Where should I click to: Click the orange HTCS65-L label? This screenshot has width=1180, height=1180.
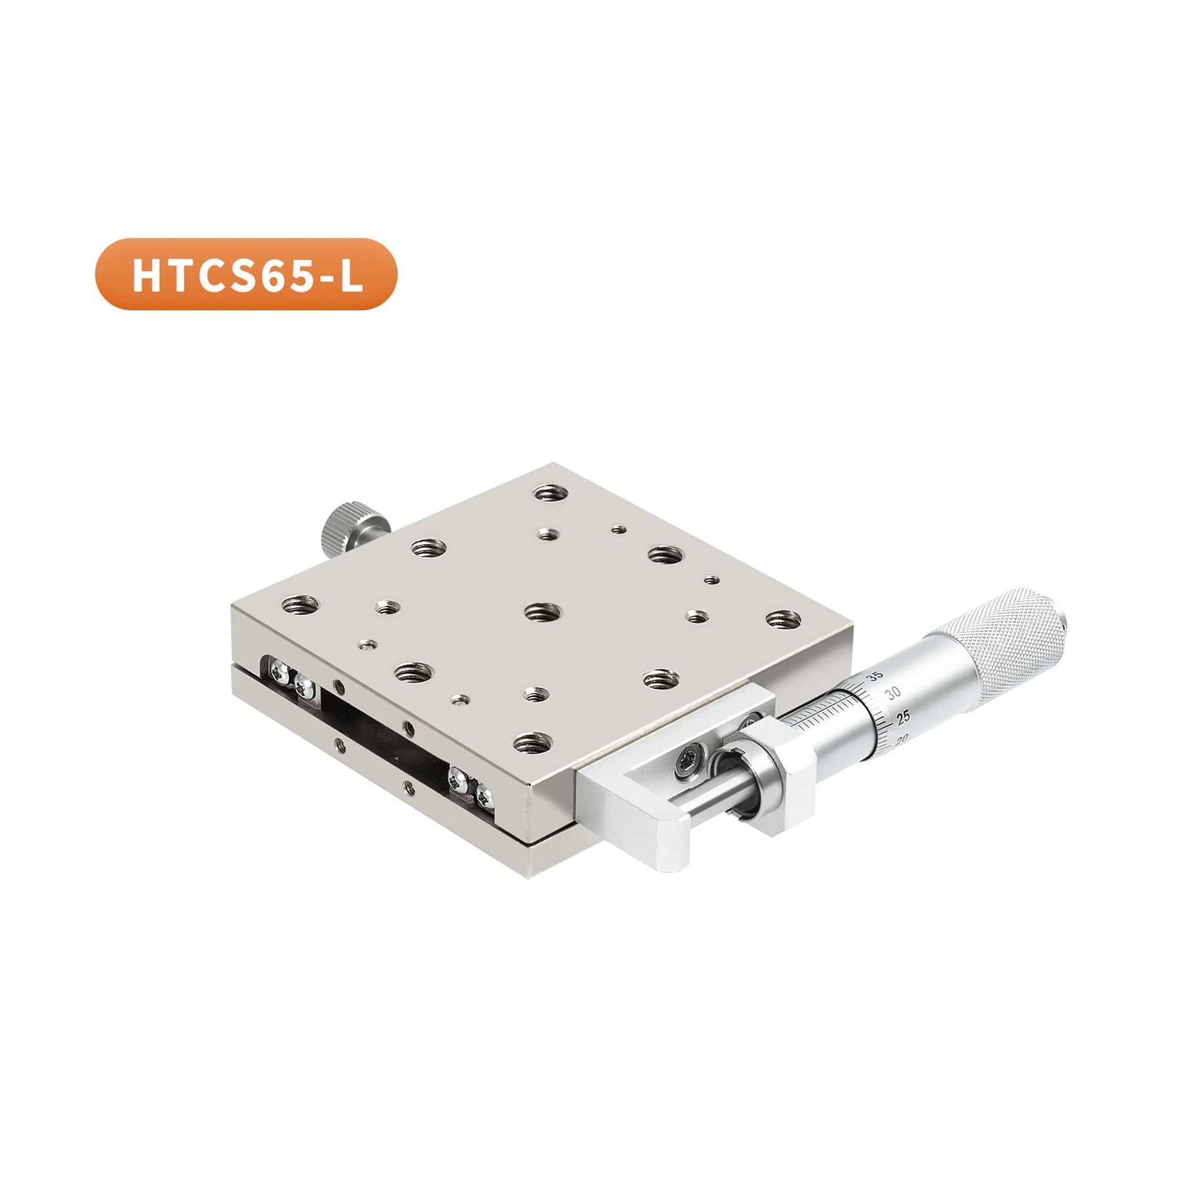coord(245,274)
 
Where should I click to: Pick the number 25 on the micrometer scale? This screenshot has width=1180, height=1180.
coord(903,716)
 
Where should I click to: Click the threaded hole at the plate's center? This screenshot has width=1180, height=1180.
coord(543,610)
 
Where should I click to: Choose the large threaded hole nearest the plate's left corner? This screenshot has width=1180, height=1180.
coord(300,605)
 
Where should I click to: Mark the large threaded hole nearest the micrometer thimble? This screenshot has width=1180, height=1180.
coord(784,619)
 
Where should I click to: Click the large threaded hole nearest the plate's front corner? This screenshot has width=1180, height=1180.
coord(533,742)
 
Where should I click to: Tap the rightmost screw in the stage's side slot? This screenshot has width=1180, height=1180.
coord(485,795)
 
